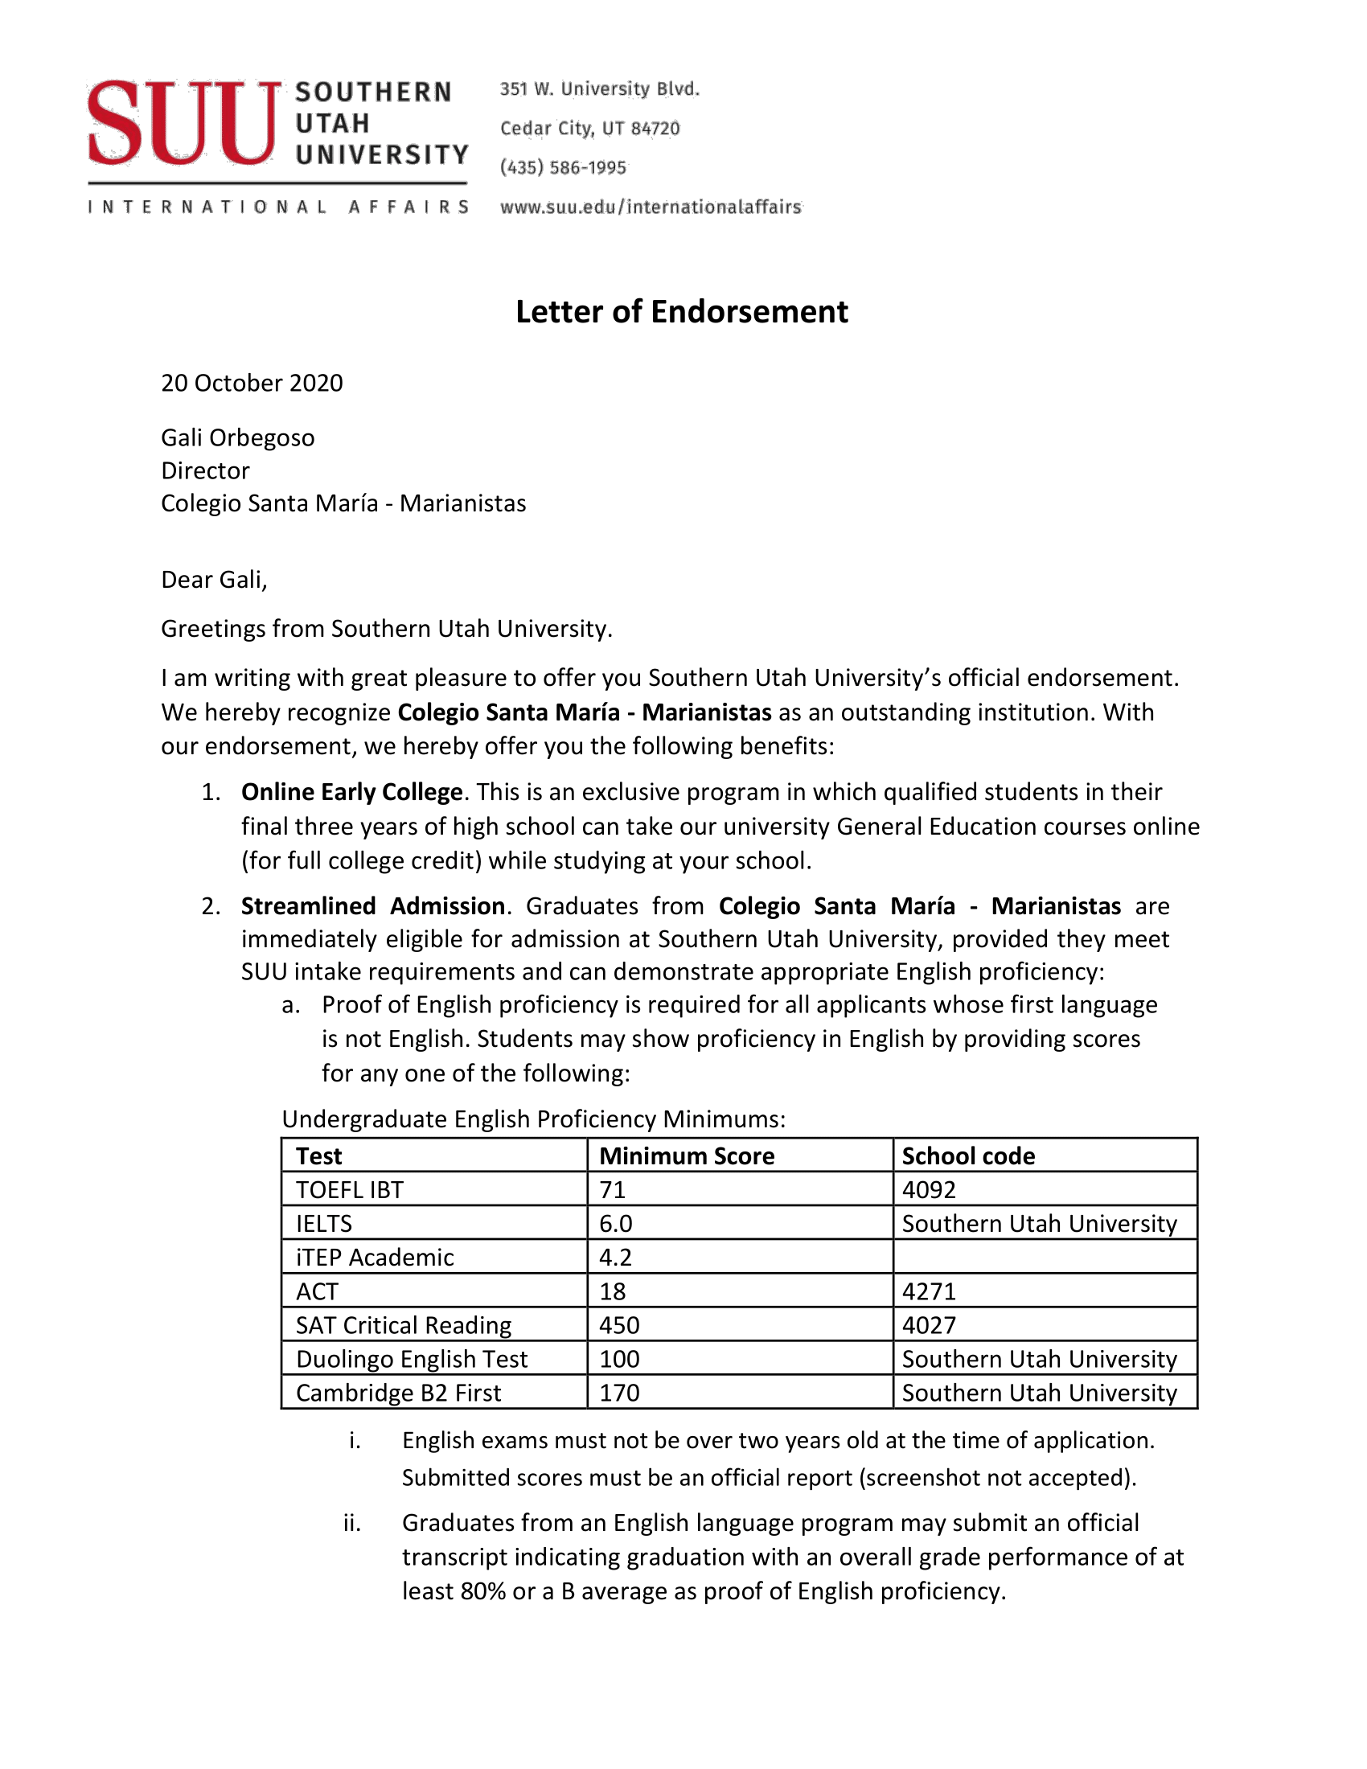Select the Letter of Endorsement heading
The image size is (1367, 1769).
click(x=682, y=312)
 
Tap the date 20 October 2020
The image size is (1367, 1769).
click(x=252, y=383)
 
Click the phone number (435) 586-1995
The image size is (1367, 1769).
click(x=563, y=168)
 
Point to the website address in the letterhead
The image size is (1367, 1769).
click(x=651, y=207)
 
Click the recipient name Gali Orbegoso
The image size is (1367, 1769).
click(x=238, y=438)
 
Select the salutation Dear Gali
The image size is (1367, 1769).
click(x=214, y=580)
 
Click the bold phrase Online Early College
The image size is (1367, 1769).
click(x=352, y=792)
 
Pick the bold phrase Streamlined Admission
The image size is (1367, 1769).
click(x=373, y=906)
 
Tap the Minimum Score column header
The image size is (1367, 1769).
click(x=687, y=1155)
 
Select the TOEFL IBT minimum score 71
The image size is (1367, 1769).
click(x=613, y=1190)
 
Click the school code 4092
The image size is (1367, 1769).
click(x=929, y=1190)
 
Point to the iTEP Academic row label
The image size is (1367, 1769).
click(x=375, y=1257)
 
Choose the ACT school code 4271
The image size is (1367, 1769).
click(x=929, y=1291)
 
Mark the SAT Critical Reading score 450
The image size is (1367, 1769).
click(x=619, y=1325)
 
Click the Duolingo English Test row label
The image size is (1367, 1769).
click(x=412, y=1359)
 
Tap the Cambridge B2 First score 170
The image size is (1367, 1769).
click(x=619, y=1393)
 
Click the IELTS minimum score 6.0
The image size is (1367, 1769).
click(x=615, y=1224)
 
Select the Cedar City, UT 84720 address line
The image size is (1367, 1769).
click(x=589, y=129)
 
